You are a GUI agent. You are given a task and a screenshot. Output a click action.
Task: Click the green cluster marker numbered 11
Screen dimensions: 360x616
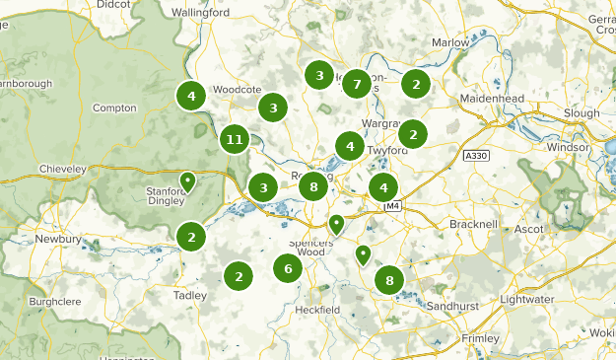coord(234,139)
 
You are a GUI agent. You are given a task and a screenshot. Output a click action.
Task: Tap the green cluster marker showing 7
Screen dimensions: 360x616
coord(356,83)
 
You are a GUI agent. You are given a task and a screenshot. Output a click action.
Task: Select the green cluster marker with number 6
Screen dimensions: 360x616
coord(288,268)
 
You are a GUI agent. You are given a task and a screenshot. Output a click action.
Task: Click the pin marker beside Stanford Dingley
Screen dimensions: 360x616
coord(187,182)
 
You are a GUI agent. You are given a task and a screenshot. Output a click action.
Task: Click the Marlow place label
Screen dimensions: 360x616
coord(450,43)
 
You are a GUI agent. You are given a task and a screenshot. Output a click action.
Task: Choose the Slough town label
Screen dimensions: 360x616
coord(581,113)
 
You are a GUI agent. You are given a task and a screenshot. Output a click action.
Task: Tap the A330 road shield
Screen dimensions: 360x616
coord(476,156)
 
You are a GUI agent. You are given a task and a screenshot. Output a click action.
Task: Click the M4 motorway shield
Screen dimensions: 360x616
coord(393,205)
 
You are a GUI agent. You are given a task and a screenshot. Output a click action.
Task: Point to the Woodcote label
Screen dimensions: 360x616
coord(236,89)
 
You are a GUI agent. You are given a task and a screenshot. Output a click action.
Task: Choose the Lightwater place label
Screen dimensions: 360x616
coord(555,298)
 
